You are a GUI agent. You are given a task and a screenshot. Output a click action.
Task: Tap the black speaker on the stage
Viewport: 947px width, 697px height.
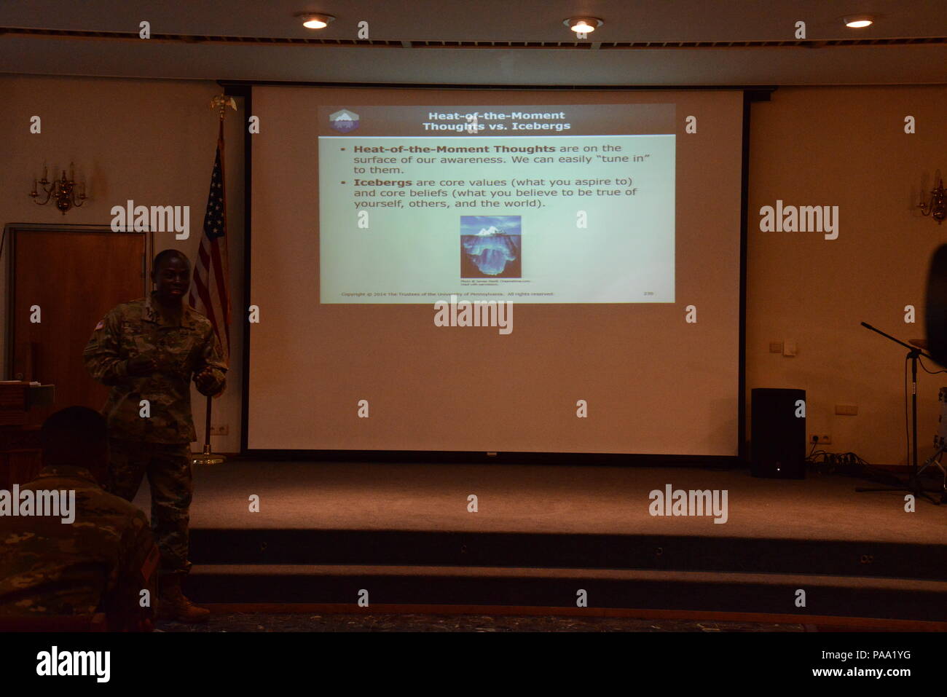click(777, 433)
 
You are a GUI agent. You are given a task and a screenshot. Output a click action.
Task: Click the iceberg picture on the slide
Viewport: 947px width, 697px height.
click(490, 246)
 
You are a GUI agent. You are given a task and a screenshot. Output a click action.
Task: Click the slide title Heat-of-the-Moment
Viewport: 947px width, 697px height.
click(496, 115)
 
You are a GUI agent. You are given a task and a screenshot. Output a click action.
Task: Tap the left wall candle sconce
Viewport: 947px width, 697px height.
click(58, 187)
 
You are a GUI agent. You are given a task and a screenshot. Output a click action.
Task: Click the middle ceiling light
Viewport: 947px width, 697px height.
click(582, 26)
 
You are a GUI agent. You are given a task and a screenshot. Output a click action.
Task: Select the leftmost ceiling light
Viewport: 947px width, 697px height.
click(315, 23)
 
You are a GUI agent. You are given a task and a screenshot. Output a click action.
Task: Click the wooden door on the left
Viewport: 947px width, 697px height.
click(76, 306)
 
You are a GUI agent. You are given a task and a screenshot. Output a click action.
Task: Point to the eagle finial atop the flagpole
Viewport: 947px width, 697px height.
click(223, 104)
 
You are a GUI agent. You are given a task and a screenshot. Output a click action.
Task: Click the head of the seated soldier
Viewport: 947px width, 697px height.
click(73, 437)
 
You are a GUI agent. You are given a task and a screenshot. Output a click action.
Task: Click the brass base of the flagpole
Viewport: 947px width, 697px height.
click(208, 459)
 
